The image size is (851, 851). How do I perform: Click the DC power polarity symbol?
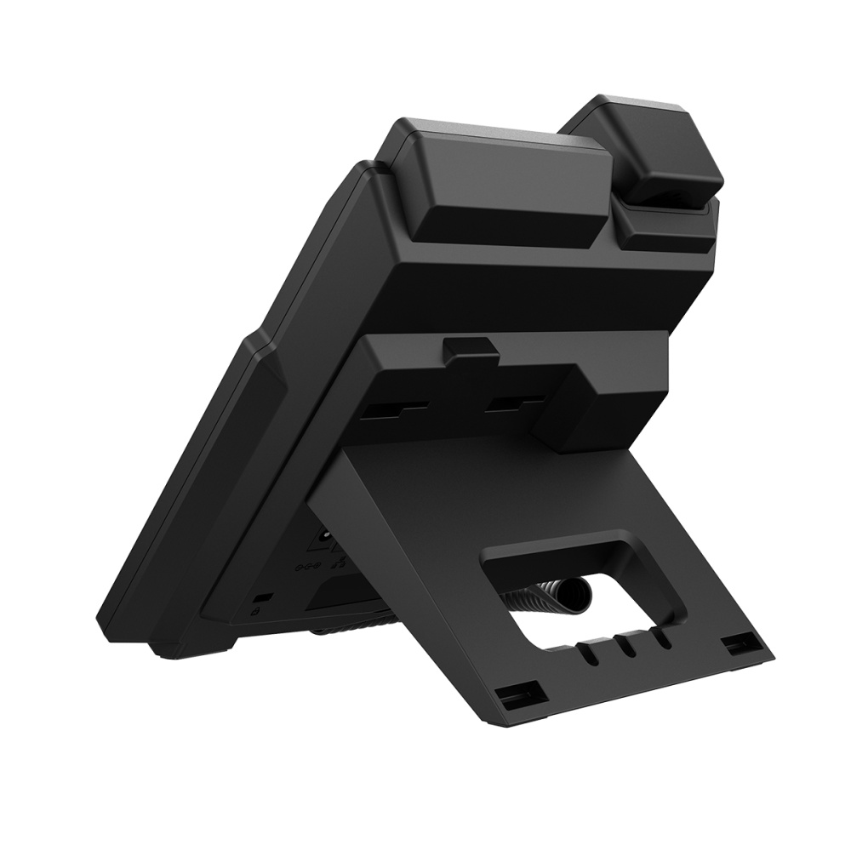(307, 565)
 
